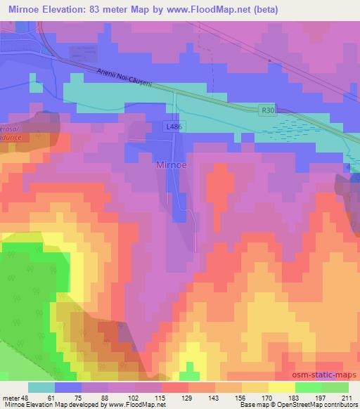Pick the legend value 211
345,397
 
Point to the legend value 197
320,397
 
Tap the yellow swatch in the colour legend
281,387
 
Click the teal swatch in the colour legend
41,387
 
